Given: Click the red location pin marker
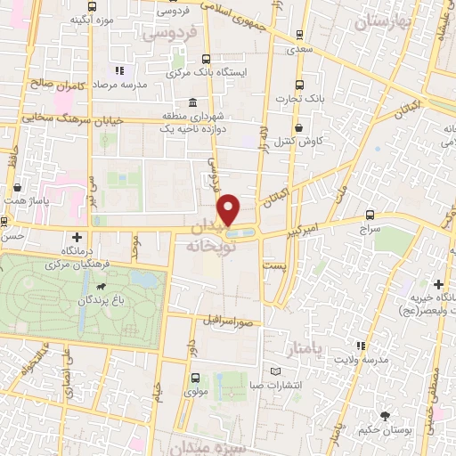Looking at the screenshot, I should coord(230,209).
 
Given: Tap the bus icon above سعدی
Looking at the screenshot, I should coord(297,36).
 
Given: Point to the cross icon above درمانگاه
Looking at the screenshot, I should coord(77,237).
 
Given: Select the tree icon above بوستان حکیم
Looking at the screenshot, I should coord(385,416).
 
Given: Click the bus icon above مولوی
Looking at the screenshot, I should coord(195,378).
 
